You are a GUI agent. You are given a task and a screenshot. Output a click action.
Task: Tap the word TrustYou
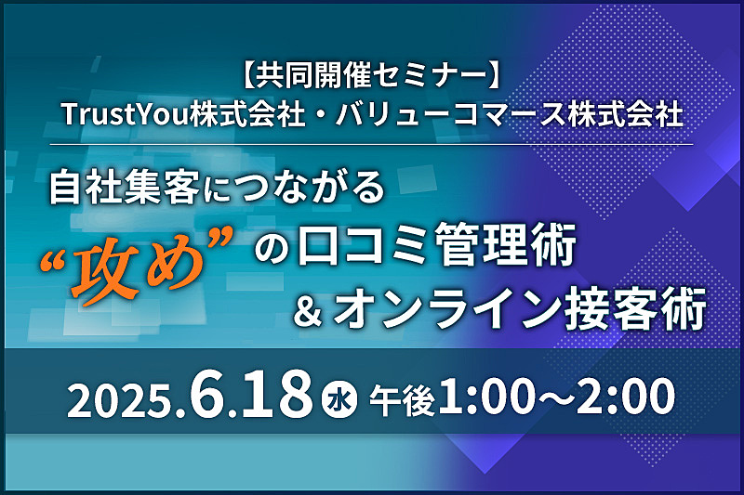125,114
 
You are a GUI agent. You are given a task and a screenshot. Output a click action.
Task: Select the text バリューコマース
451,114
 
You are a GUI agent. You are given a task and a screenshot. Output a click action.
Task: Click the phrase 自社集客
125,187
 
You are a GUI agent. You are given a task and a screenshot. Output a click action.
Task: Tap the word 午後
403,401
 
